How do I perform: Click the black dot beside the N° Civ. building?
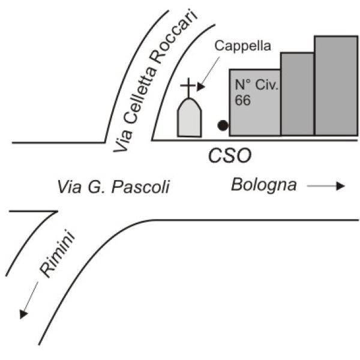223,125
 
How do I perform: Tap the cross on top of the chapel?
188,88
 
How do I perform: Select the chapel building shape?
190,118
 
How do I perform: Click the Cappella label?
242,46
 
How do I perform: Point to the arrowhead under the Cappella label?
201,87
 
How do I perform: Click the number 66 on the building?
242,100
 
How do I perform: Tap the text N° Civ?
257,85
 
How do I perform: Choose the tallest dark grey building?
336,86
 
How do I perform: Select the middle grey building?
298,94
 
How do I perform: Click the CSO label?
230,155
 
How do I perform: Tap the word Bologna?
264,185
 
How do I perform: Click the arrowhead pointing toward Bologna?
341,186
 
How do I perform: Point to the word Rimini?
58,253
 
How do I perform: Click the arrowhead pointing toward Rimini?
23,314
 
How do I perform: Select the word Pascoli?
140,187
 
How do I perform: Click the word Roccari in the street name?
175,36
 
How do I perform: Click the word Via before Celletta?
123,140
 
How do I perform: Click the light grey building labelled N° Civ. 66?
255,103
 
